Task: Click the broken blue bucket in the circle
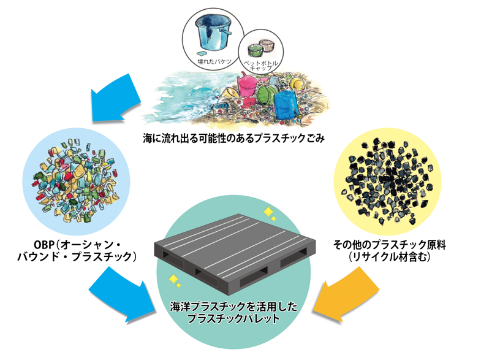coord(213,33)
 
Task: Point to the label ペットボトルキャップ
coord(260,65)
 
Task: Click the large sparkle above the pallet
coord(268,212)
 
